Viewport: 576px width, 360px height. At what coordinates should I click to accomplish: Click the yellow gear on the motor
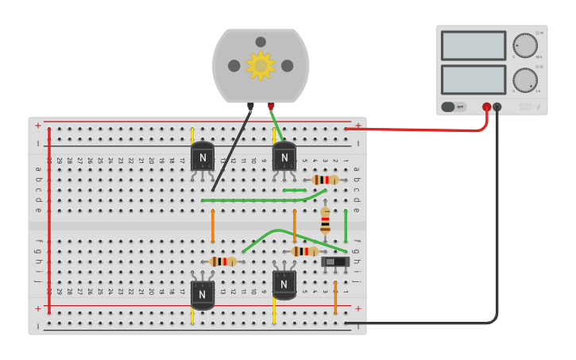261,65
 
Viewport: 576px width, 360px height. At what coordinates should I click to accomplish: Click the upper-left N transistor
203,157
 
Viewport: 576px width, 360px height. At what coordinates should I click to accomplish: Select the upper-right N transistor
284,157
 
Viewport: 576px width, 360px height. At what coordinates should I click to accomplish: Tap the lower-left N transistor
203,295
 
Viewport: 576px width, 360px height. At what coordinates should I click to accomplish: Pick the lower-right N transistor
284,284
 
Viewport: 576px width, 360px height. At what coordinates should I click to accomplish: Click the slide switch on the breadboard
334,261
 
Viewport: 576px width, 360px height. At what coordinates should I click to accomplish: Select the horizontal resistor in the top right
324,180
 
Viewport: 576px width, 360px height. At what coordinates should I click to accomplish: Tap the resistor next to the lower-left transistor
222,261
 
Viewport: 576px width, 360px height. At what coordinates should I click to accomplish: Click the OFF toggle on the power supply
454,106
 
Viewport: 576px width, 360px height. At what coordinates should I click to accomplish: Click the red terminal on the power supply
487,106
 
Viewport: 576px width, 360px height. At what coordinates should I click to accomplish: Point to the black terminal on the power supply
497,106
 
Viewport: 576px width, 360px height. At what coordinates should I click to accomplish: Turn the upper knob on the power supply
524,45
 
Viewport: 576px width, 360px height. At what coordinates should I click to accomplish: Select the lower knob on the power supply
524,79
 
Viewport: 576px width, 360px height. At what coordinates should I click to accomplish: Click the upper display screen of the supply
474,45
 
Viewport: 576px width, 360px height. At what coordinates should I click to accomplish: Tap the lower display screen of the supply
474,79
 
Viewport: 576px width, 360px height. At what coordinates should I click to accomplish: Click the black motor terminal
250,106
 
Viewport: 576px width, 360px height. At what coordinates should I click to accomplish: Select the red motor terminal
271,106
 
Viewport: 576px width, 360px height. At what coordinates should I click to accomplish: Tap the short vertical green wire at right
346,226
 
